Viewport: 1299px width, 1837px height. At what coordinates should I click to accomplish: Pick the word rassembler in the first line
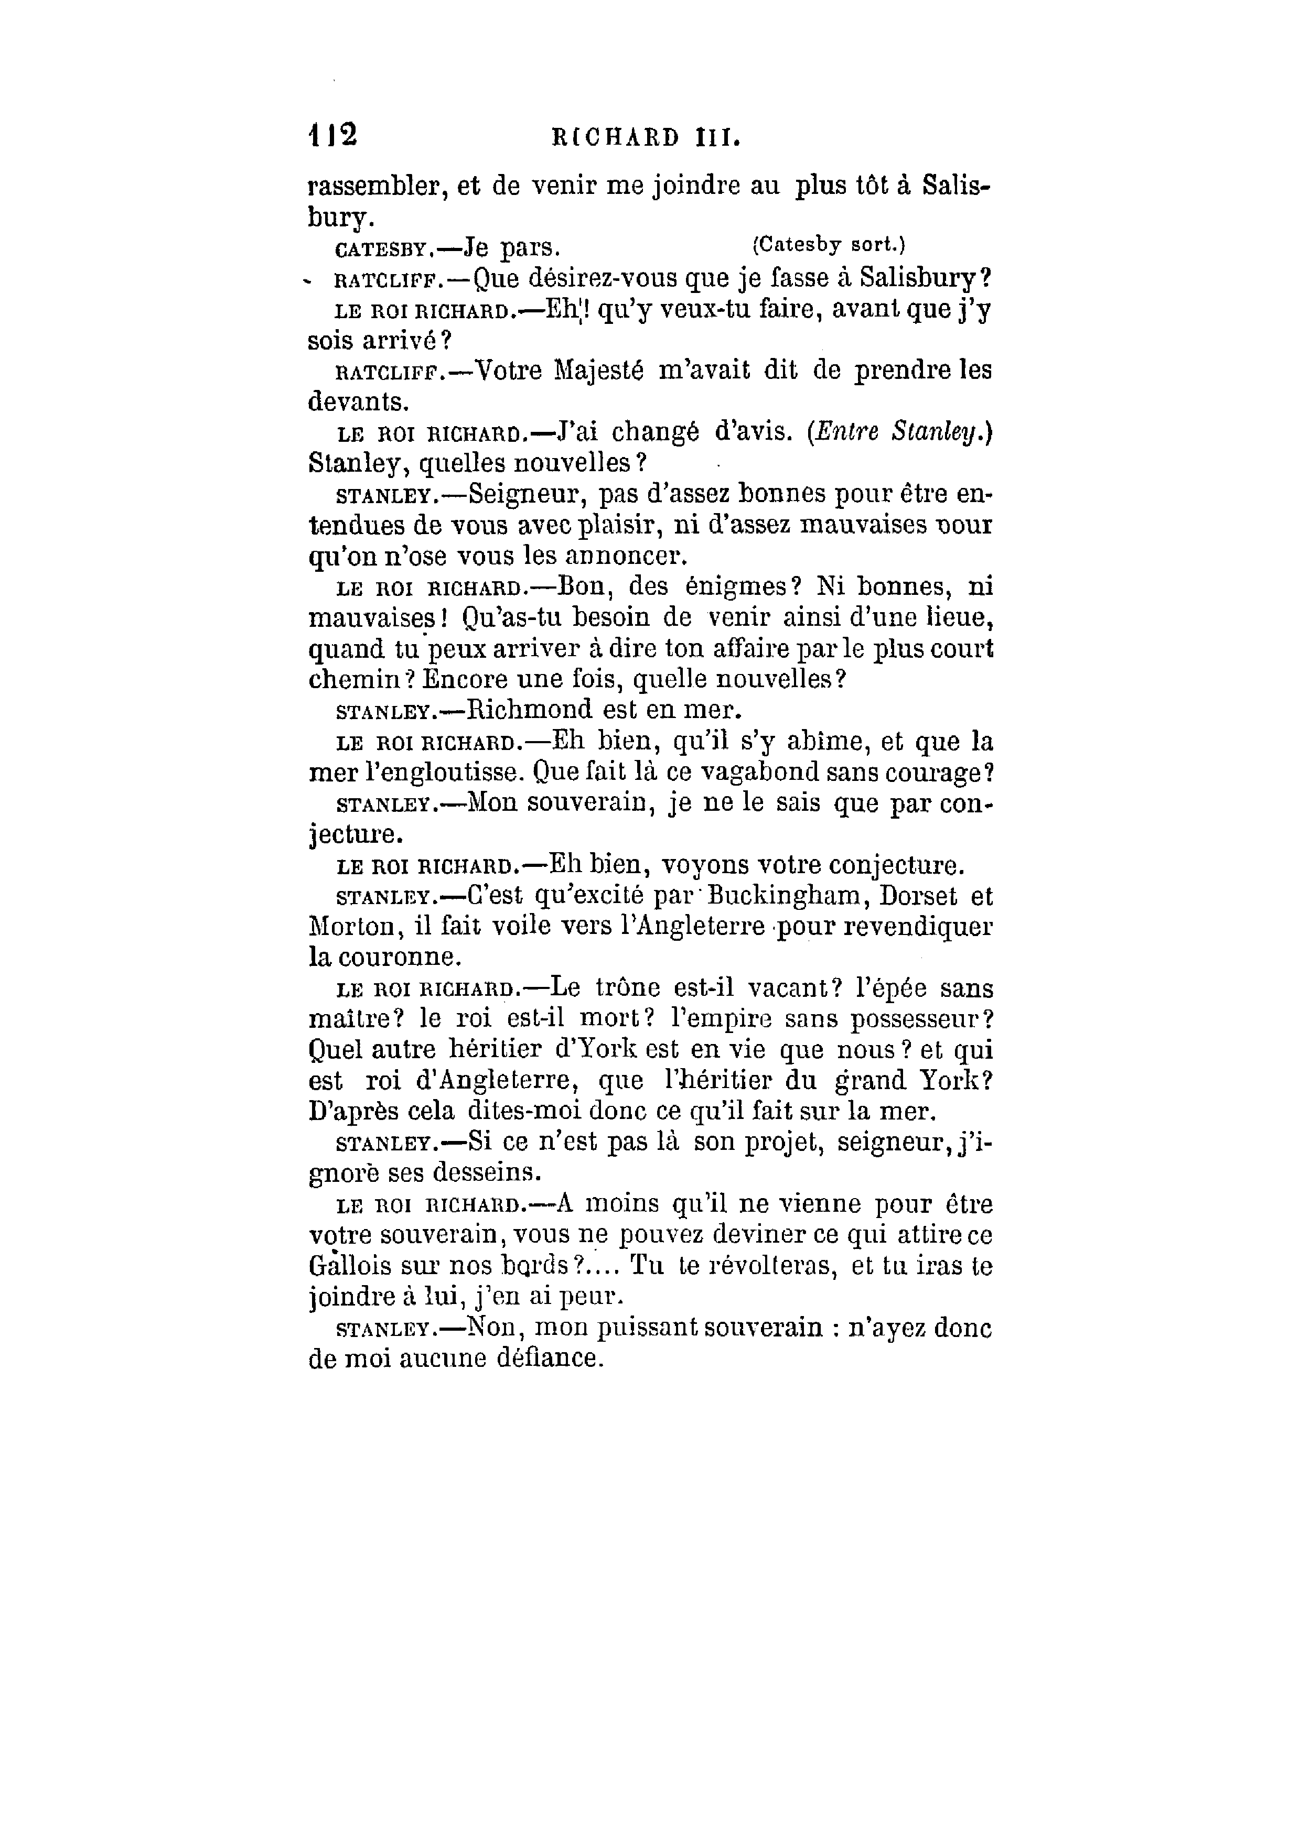coord(374,187)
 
